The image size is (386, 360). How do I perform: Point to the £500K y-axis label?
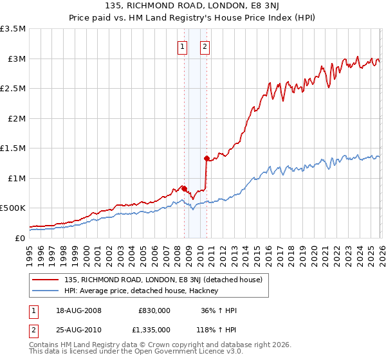tap(13, 208)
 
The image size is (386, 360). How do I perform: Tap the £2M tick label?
tap(15, 118)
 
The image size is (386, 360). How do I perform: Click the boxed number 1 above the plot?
tap(182, 46)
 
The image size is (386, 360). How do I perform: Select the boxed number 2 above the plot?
tap(205, 46)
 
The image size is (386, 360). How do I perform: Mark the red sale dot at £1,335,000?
tap(207, 158)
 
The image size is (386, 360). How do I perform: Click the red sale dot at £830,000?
tap(184, 188)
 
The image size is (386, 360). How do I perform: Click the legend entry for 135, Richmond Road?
tap(162, 280)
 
